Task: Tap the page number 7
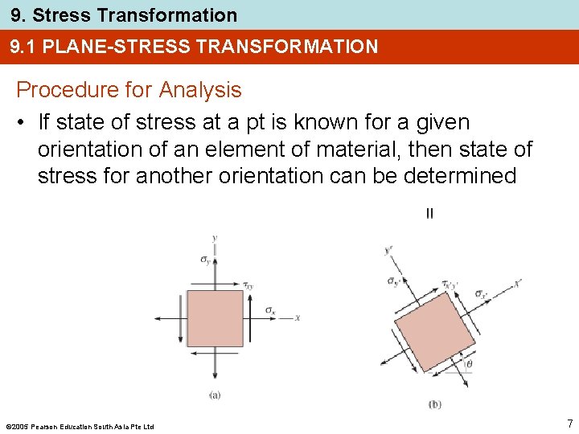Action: [569, 423]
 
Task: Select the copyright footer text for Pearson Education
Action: [79, 426]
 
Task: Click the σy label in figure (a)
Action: [205, 259]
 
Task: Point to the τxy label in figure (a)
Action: [248, 285]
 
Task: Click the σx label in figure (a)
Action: [270, 309]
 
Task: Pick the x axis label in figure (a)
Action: [298, 318]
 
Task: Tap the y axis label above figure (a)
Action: [214, 238]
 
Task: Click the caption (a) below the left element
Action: [215, 395]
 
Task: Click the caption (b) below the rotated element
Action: [434, 403]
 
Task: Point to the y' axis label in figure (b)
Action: [389, 251]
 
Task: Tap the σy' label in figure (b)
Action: [394, 281]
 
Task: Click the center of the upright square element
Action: [215, 318]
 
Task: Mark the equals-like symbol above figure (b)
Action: [429, 213]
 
